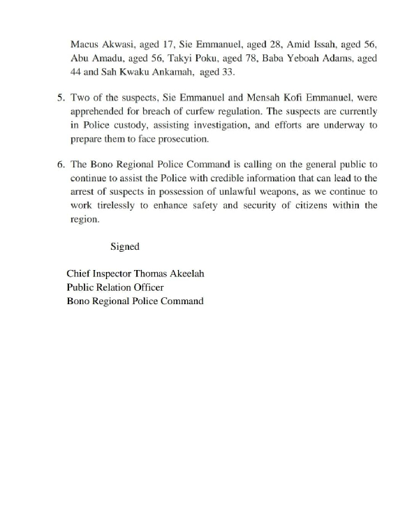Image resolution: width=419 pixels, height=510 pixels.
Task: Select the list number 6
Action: click(60, 165)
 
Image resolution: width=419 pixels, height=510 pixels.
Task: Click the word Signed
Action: click(125, 246)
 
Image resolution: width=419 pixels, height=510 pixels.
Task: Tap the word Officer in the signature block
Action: click(145, 288)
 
